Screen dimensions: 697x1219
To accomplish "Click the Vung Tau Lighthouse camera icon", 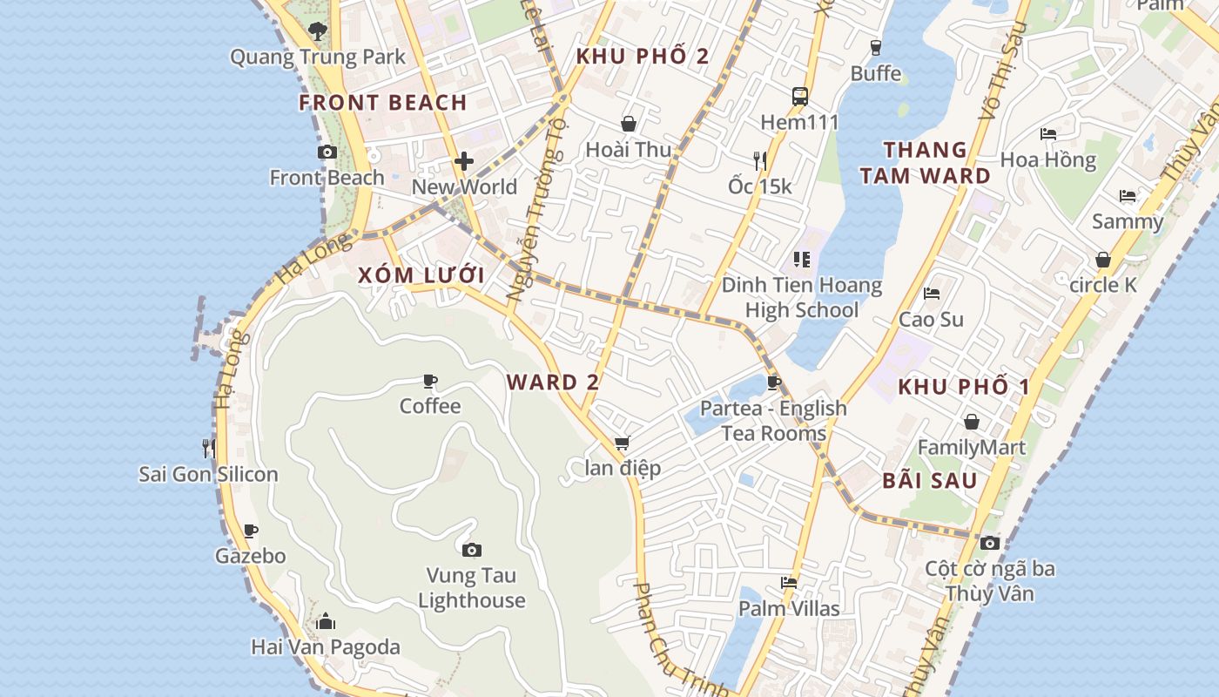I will coord(471,550).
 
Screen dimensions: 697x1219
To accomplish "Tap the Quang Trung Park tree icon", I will coord(318,32).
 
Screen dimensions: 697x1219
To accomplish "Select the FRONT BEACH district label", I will coord(383,103).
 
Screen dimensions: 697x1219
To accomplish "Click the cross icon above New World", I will coord(464,161).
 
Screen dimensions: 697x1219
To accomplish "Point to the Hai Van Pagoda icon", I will coord(326,621).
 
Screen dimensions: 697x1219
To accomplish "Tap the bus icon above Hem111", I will coord(799,96).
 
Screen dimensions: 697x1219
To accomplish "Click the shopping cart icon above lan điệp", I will coord(622,443).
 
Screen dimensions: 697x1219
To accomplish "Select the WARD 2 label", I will coord(553,382).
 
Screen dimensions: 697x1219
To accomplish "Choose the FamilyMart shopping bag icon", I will coord(972,423).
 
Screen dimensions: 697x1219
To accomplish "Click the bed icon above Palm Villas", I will coord(789,582).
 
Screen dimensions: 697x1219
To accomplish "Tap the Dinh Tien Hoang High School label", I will coord(801,298).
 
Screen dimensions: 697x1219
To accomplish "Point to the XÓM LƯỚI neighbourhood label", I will coord(421,276).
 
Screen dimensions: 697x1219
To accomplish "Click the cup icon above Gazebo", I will coord(251,531).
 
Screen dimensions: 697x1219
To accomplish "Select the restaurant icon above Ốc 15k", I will coord(760,160).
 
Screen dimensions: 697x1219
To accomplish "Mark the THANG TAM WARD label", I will coord(925,163).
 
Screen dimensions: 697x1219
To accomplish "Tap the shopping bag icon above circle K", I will coord(1103,260).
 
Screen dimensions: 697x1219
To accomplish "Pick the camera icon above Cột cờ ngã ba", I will coord(990,543).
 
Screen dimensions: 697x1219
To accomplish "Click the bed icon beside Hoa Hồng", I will coord(1048,134).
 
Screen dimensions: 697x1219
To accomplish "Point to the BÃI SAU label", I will coord(929,481).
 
